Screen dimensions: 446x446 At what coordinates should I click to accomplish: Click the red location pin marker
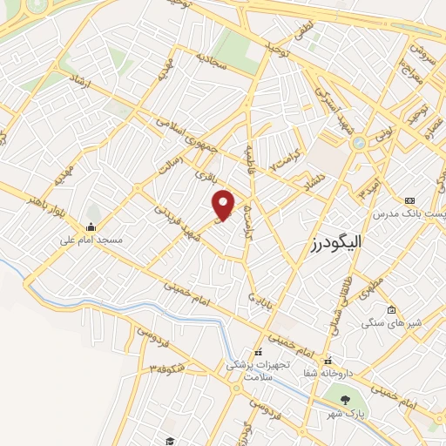pos(225,204)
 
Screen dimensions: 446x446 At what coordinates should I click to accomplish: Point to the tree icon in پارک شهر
pos(345,400)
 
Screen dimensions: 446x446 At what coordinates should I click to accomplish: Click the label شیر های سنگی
pos(392,323)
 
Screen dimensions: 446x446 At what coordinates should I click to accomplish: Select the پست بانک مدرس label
pos(408,213)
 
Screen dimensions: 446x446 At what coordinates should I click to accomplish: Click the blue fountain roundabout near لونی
pos(357,142)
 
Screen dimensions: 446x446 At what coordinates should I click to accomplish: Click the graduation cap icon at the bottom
pos(169,441)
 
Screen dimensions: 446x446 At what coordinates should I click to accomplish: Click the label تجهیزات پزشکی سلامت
pos(248,370)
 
